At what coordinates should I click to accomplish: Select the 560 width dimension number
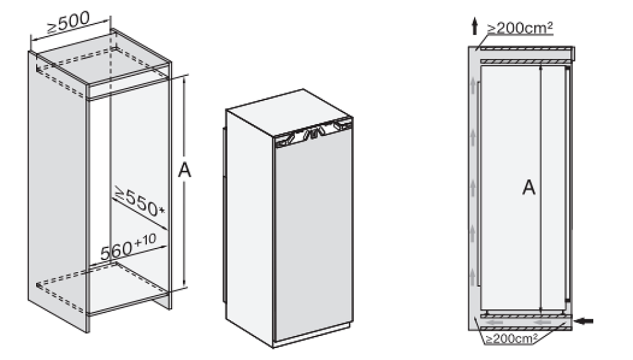click(x=116, y=251)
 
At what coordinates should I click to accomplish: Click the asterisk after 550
click(x=162, y=211)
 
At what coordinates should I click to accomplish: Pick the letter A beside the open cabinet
click(x=184, y=171)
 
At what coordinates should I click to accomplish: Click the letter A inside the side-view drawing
click(x=529, y=188)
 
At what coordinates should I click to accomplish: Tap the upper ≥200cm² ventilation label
click(x=520, y=28)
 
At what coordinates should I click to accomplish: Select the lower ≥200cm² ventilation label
click(x=513, y=338)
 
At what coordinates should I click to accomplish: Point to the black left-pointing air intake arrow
click(x=585, y=321)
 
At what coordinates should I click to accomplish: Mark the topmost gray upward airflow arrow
click(x=473, y=87)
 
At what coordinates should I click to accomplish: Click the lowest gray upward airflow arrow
click(x=473, y=278)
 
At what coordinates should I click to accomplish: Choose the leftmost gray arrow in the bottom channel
click(x=495, y=323)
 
